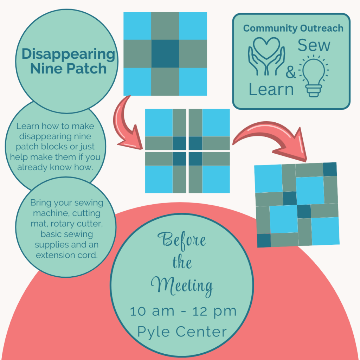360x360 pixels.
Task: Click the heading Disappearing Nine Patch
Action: click(x=68, y=61)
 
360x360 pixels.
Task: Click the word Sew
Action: click(x=314, y=46)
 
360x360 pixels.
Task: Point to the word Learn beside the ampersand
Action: click(x=271, y=89)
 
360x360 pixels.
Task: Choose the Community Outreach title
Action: click(x=293, y=28)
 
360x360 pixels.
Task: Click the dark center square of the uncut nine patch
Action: click(x=165, y=53)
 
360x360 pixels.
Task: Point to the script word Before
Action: click(x=182, y=240)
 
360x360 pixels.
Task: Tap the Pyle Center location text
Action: click(x=182, y=331)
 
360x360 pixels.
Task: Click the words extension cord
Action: click(x=67, y=255)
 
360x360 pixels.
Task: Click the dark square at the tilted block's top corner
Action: click(x=329, y=169)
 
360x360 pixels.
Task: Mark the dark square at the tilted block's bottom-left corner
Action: click(x=264, y=240)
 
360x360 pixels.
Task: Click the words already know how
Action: click(x=55, y=167)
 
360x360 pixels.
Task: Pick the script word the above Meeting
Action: click(x=182, y=263)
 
